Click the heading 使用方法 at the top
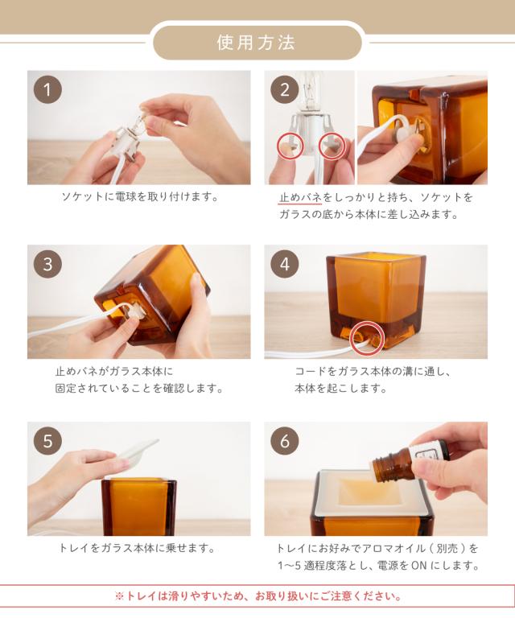(x=256, y=43)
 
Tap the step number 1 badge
(x=47, y=90)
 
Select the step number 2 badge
(x=285, y=90)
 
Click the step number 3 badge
(x=47, y=264)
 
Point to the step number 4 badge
(x=285, y=264)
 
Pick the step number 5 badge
(x=47, y=441)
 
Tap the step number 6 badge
(x=285, y=441)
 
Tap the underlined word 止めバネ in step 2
(x=300, y=197)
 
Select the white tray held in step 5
(x=136, y=451)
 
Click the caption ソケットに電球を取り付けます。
(x=140, y=196)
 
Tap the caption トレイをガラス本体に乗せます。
(x=138, y=548)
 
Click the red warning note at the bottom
(x=258, y=596)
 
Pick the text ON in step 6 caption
(x=419, y=566)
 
